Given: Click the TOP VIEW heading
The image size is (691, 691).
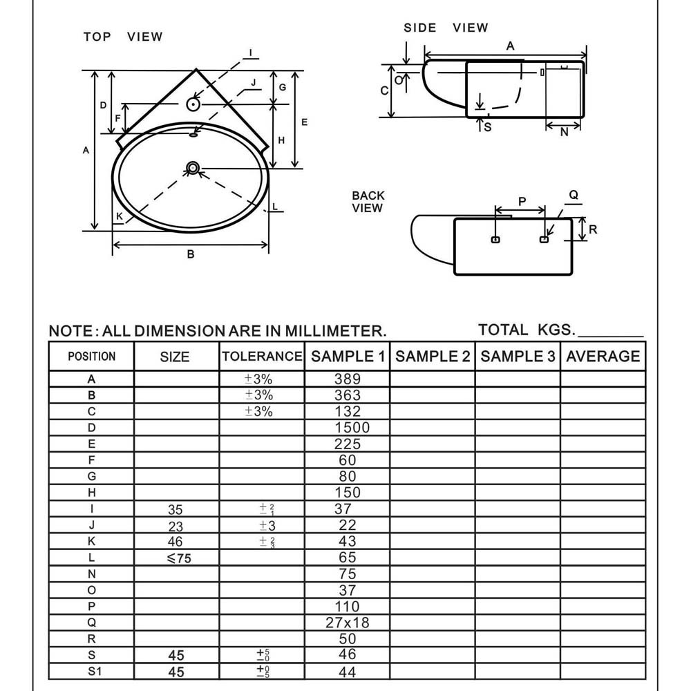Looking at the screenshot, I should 123,37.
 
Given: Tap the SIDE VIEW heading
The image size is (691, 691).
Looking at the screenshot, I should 446,28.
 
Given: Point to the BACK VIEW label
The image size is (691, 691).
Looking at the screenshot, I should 368,202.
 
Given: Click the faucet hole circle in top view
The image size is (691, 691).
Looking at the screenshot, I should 193,104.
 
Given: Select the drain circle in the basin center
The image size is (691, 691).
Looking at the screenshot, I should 193,167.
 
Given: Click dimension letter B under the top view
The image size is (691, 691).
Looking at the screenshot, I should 191,254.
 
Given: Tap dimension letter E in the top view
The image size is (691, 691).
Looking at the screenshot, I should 304,122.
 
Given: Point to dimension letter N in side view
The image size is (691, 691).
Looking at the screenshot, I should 564,132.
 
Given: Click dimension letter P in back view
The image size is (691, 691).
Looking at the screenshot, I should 522,201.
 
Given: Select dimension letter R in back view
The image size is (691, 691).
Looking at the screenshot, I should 593,229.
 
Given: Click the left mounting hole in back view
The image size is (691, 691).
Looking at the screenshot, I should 495,240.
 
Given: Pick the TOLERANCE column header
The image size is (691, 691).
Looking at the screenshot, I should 262,357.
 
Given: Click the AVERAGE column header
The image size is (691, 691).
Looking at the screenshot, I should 603,357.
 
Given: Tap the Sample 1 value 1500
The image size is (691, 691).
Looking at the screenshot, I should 352,428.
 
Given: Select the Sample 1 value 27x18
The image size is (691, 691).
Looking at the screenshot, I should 348,623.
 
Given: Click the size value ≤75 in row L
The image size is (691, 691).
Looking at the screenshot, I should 179,558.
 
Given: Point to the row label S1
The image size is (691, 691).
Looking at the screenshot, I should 92,672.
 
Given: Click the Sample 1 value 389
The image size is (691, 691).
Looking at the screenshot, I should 348,379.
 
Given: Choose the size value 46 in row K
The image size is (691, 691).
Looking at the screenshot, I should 176,542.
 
